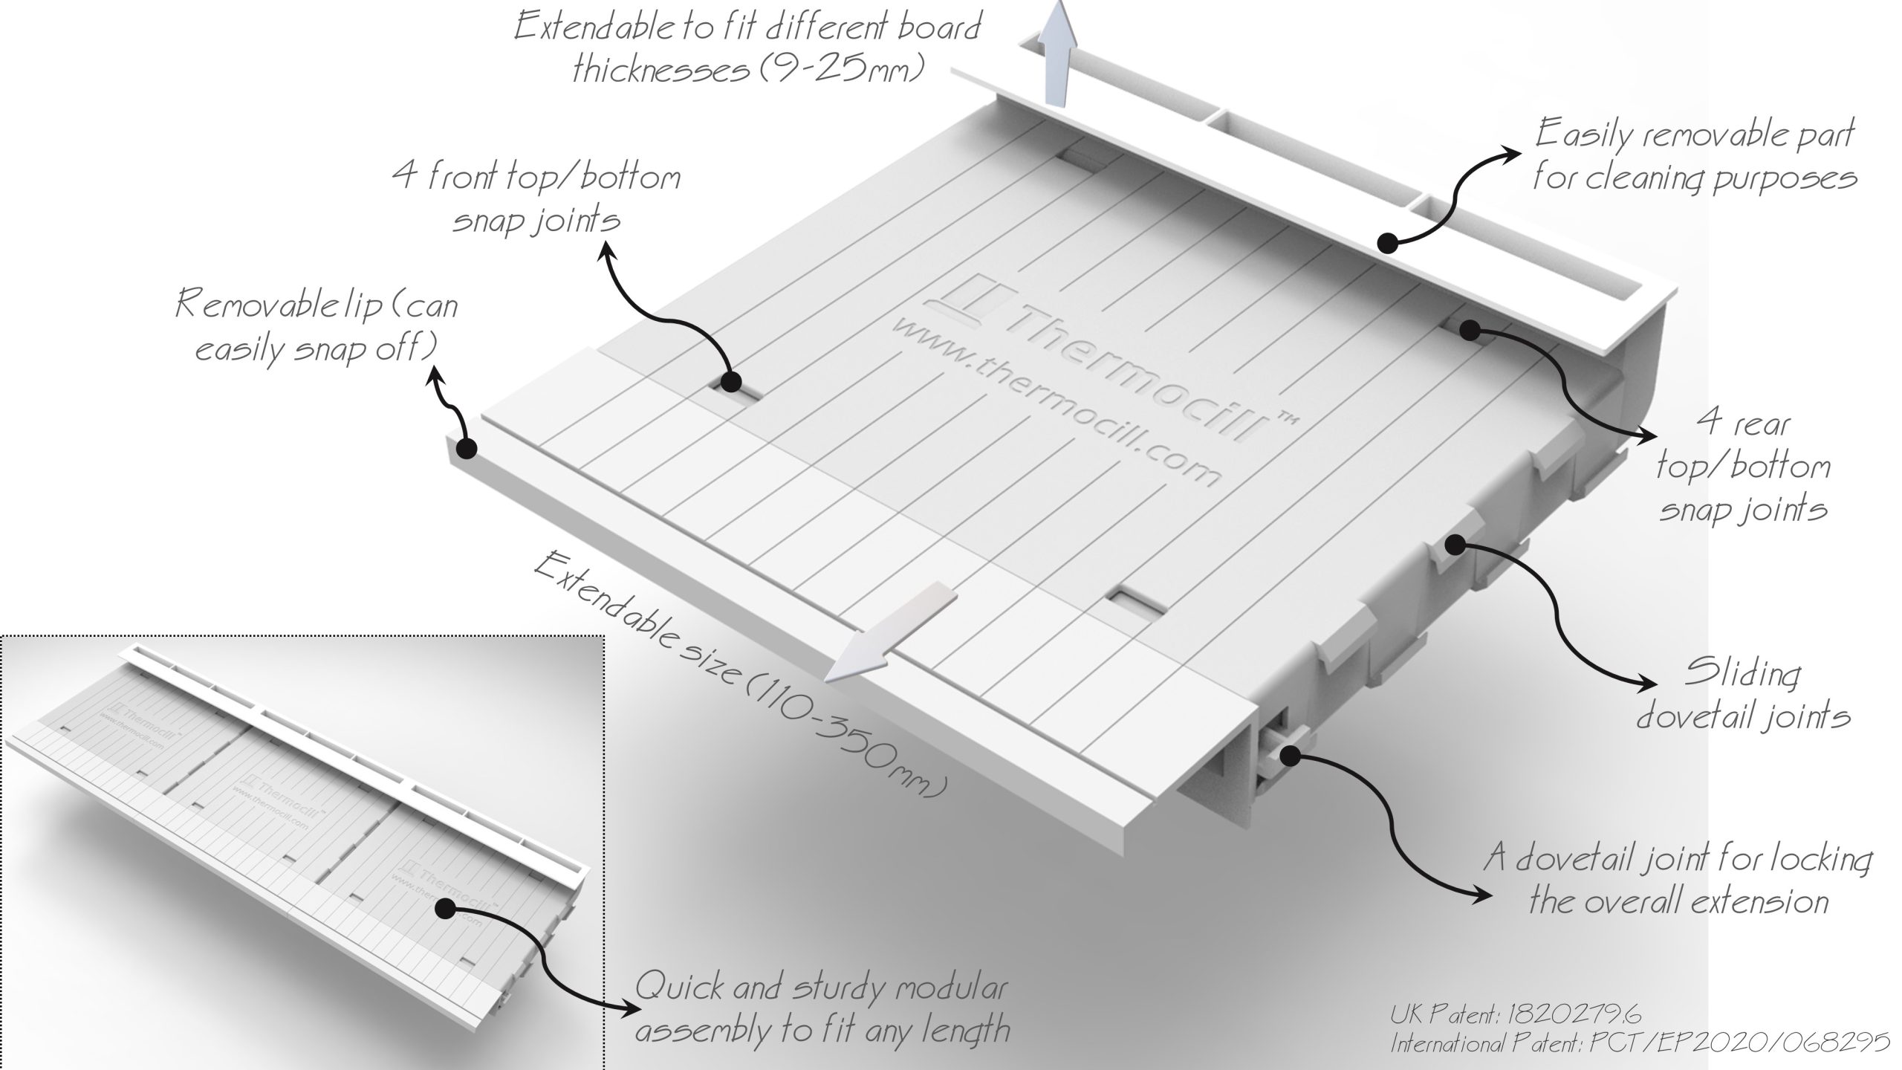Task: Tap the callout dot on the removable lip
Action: pyautogui.click(x=467, y=449)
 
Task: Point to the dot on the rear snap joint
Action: pyautogui.click(x=1469, y=329)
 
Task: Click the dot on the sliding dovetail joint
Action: pyautogui.click(x=1454, y=545)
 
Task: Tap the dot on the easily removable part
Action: pyautogui.click(x=1386, y=241)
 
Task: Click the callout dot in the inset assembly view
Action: pyautogui.click(x=446, y=908)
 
